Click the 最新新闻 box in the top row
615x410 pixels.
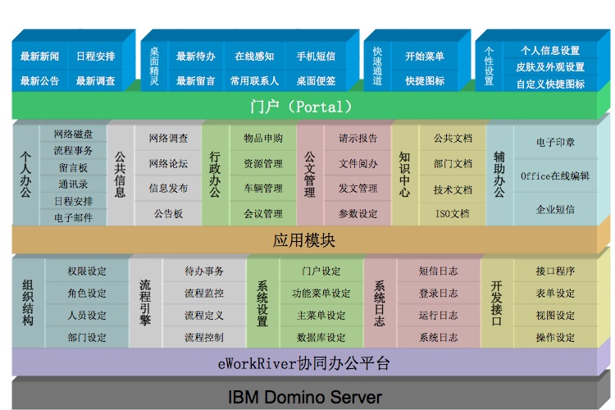pyautogui.click(x=40, y=57)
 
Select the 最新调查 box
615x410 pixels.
pyautogui.click(x=96, y=81)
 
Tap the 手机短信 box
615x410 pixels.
pyautogui.click(x=316, y=57)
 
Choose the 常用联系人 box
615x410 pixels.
pyautogui.click(x=254, y=81)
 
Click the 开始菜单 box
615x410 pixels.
pyautogui.click(x=425, y=57)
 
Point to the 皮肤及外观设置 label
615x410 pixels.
pyautogui.click(x=550, y=67)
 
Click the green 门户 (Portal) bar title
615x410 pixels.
pyautogui.click(x=301, y=107)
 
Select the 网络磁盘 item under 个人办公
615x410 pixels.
pyautogui.click(x=73, y=134)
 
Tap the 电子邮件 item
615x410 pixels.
pyautogui.click(x=73, y=218)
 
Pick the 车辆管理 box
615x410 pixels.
pyautogui.click(x=263, y=188)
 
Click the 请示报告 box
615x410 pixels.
pyautogui.click(x=358, y=139)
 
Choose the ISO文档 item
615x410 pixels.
pyautogui.click(x=453, y=214)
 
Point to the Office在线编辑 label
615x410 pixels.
pyautogui.click(x=555, y=175)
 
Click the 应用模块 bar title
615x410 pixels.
pyautogui.click(x=304, y=241)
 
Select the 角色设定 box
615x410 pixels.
pyautogui.click(x=87, y=294)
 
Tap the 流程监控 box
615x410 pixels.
pyautogui.click(x=203, y=293)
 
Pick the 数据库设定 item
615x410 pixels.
pyautogui.click(x=321, y=337)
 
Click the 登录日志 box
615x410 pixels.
pyautogui.click(x=439, y=294)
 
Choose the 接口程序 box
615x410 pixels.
pyautogui.click(x=555, y=271)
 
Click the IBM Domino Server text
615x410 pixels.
pyautogui.click(x=305, y=397)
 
